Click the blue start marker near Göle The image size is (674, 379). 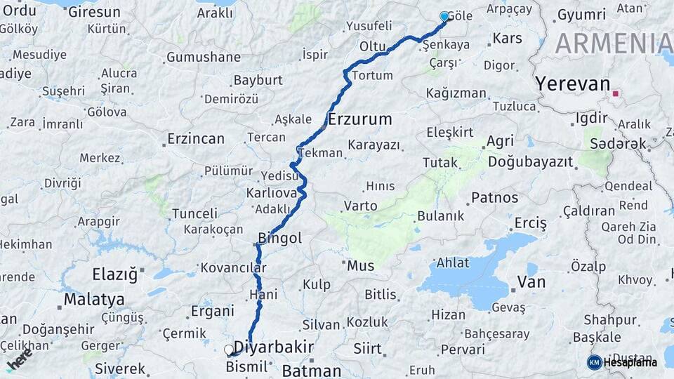444,16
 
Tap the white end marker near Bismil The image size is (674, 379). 228,349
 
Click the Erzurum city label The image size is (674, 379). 359,119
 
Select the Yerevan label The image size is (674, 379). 572,84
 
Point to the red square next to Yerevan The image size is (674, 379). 616,93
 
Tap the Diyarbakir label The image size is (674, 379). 273,347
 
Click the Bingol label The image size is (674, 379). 280,239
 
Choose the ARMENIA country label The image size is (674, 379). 613,44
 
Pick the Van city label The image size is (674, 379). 531,282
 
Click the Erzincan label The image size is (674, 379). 196,139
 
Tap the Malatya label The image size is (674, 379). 94,300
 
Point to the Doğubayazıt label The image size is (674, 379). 530,162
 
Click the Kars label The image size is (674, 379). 508,38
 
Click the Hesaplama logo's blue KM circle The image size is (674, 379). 594,362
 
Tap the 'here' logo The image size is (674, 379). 20,360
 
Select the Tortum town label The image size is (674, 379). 372,75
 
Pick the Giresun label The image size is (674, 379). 94,12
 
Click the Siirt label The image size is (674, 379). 367,349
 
